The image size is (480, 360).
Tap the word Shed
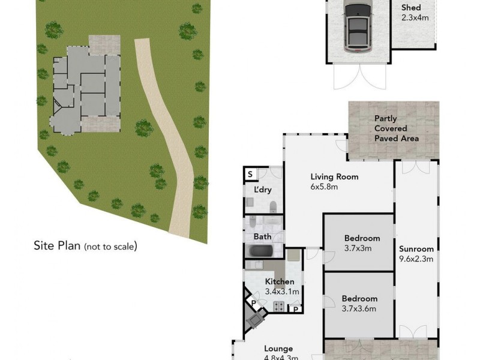pyautogui.click(x=411, y=8)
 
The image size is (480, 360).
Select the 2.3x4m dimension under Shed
pyautogui.click(x=415, y=18)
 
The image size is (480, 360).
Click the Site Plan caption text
pyautogui.click(x=85, y=245)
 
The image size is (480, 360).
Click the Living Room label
pyautogui.click(x=334, y=176)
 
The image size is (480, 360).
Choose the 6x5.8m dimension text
pyautogui.click(x=324, y=187)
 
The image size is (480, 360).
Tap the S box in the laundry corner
pyautogui.click(x=250, y=175)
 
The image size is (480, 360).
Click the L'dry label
pyautogui.click(x=263, y=190)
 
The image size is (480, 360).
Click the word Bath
pyautogui.click(x=262, y=236)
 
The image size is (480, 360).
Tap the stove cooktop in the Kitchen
pyautogui.click(x=279, y=307)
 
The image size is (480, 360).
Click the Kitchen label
pyautogui.click(x=280, y=281)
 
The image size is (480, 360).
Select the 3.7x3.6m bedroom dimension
pyautogui.click(x=359, y=309)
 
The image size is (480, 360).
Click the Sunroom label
pyautogui.click(x=416, y=248)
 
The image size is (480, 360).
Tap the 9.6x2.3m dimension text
pyautogui.click(x=416, y=259)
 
